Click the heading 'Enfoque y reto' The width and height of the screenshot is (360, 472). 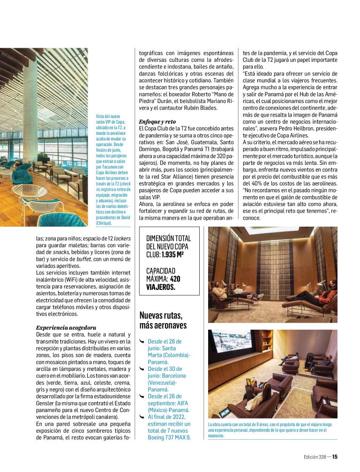(x=157, y=120)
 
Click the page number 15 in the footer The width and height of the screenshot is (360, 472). (x=335, y=458)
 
